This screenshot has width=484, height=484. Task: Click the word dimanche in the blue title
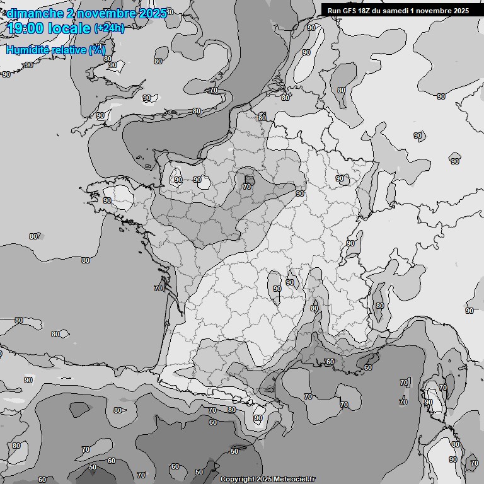[35, 13]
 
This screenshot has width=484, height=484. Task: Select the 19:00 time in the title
[25, 28]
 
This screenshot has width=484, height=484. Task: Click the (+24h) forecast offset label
[109, 28]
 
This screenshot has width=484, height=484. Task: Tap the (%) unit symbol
[97, 50]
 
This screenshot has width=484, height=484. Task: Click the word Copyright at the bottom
[237, 479]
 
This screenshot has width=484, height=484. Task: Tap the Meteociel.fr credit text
[294, 479]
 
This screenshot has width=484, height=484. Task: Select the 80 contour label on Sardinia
[455, 445]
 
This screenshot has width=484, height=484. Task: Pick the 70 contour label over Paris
[247, 187]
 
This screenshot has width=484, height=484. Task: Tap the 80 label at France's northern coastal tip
[262, 118]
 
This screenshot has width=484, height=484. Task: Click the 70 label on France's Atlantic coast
[158, 288]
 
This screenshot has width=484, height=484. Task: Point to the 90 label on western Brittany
[107, 200]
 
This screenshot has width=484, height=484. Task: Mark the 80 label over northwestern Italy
[379, 306]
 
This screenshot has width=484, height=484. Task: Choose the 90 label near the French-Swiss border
[350, 243]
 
